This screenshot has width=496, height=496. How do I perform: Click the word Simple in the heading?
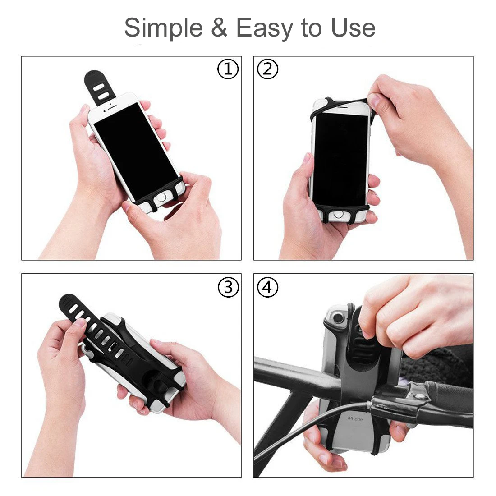163,28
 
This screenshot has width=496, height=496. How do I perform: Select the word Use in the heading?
353,28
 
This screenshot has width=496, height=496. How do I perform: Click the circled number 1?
228,69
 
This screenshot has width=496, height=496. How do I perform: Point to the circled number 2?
267,69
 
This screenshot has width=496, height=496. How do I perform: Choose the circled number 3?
228,287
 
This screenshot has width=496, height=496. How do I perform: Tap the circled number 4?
267,287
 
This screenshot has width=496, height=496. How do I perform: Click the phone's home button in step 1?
161,197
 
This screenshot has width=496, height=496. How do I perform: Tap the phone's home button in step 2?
338,215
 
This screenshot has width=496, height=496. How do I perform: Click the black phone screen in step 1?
136,152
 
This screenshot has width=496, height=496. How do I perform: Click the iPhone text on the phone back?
355,419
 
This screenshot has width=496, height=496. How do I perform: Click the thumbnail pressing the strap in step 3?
81,323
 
